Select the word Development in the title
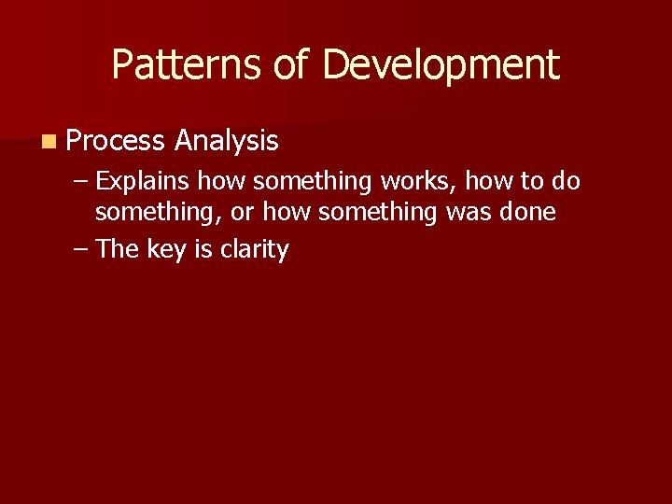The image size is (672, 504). [440, 65]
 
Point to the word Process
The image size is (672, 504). [116, 141]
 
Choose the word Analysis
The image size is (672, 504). [226, 141]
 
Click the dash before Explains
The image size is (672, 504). [80, 179]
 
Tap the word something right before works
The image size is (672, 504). [313, 179]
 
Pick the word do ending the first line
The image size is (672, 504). [567, 179]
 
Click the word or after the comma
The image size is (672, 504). [241, 213]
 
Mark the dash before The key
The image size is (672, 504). [80, 249]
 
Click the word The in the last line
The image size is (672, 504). [118, 249]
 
